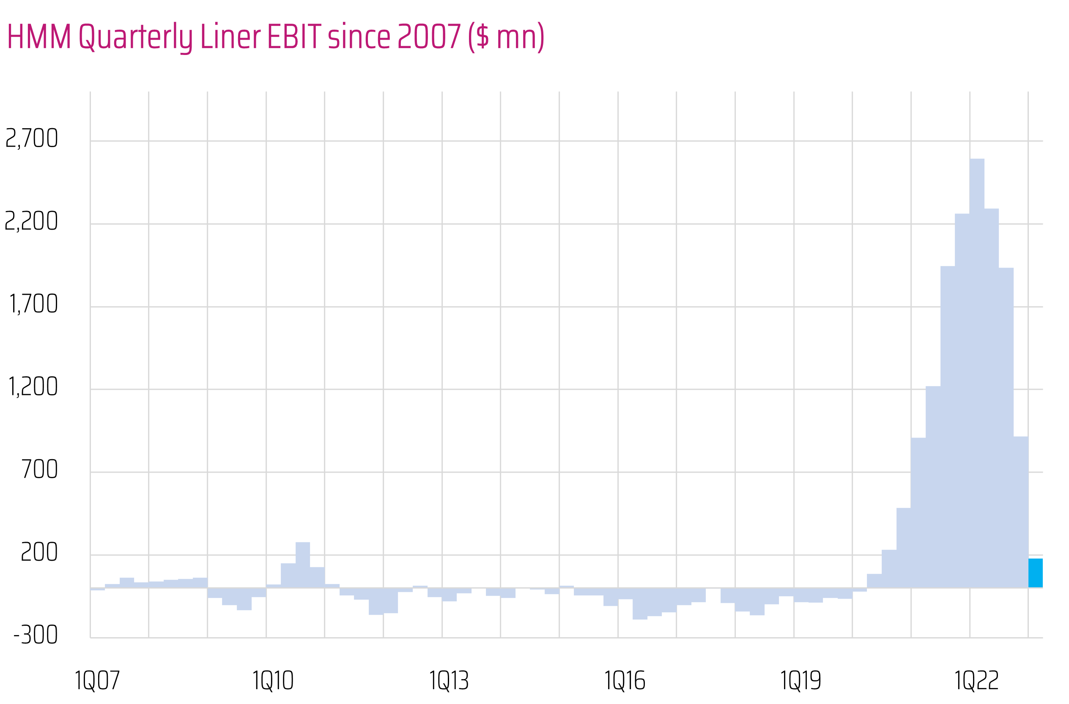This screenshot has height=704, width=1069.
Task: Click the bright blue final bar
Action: pos(1035,573)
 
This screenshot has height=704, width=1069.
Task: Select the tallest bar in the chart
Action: pos(977,373)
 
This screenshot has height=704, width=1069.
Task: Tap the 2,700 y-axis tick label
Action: pos(31,138)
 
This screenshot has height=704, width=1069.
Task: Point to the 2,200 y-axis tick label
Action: pos(31,221)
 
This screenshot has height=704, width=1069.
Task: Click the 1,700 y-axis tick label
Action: pos(33,304)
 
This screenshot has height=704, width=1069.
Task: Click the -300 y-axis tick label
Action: pos(36,635)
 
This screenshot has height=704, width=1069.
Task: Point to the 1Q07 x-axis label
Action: pos(97,681)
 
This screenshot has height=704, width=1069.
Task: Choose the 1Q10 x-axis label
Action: pos(273,681)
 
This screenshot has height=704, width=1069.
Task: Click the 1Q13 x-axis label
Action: pos(449,681)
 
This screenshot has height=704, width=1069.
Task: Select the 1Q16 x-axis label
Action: pos(624,681)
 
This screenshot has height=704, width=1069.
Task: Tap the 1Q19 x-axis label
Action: pos(800,681)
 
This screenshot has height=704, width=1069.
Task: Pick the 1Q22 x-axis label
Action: pos(976,681)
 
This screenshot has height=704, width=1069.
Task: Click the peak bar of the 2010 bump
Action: pos(303,565)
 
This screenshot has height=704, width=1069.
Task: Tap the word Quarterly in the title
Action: pos(136,37)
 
